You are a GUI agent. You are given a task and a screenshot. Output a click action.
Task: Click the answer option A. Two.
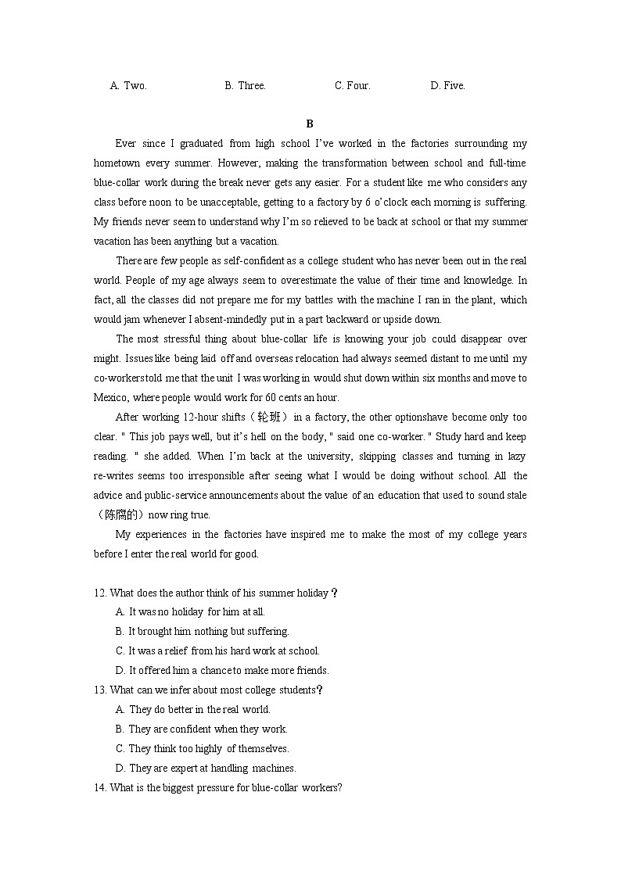pyautogui.click(x=128, y=86)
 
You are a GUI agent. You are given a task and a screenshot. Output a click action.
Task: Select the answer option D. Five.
pyautogui.click(x=447, y=86)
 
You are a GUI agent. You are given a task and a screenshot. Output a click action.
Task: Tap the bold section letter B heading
pyautogui.click(x=310, y=124)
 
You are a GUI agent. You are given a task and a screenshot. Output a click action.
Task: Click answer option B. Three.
pyautogui.click(x=245, y=86)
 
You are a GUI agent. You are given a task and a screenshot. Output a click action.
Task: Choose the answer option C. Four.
pyautogui.click(x=352, y=86)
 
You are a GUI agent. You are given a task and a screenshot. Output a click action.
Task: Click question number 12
pyautogui.click(x=100, y=593)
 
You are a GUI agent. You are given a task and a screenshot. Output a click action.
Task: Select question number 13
pyautogui.click(x=100, y=690)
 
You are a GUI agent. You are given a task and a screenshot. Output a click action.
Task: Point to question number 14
pyautogui.click(x=100, y=788)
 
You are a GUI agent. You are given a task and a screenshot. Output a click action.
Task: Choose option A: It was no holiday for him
pyautogui.click(x=190, y=612)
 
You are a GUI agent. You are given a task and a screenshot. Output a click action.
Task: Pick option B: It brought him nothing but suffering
pyautogui.click(x=202, y=632)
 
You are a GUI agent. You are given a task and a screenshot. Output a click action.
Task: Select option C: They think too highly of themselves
pyautogui.click(x=202, y=749)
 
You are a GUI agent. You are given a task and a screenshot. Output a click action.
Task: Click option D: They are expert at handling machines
pyautogui.click(x=205, y=769)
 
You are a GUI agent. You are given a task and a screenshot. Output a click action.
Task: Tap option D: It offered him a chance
pyautogui.click(x=221, y=671)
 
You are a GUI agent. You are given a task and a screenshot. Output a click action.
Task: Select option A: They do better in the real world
pyautogui.click(x=192, y=710)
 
